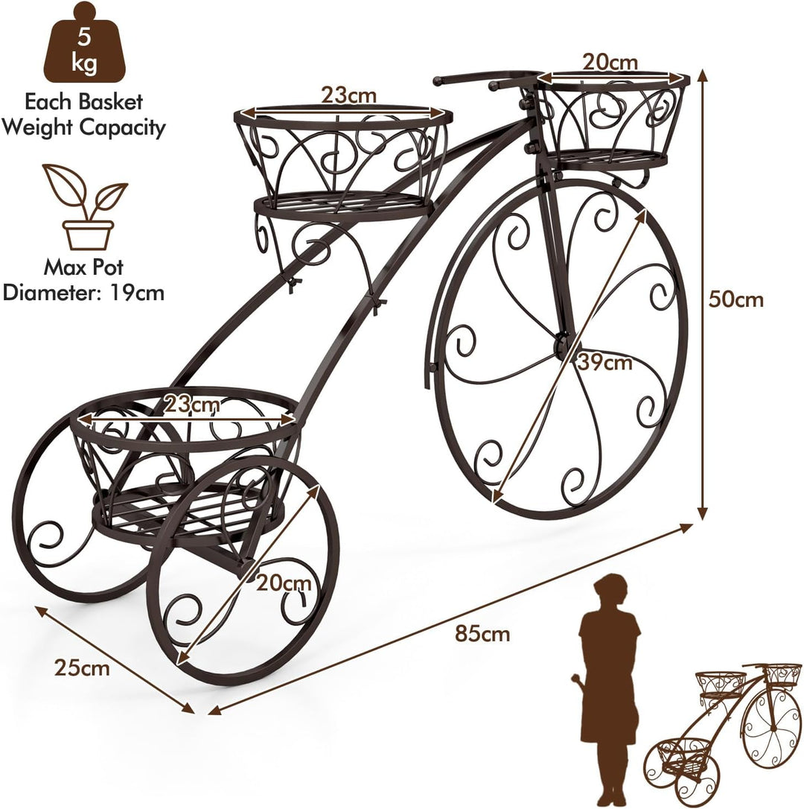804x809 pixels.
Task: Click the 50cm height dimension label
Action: click(x=736, y=299)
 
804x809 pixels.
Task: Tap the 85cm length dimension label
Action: click(x=482, y=633)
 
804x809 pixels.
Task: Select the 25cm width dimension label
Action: click(x=82, y=668)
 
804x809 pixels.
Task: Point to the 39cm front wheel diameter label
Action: click(x=604, y=363)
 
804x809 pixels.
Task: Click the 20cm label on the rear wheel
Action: click(x=284, y=583)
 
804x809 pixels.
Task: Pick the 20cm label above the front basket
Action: click(x=610, y=63)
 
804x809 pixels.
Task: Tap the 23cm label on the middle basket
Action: click(x=349, y=95)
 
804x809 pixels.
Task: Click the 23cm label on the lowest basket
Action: click(x=192, y=404)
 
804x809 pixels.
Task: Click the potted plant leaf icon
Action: click(x=86, y=207)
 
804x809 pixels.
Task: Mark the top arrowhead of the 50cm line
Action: click(x=702, y=74)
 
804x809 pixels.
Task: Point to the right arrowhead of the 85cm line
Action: click(x=687, y=527)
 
